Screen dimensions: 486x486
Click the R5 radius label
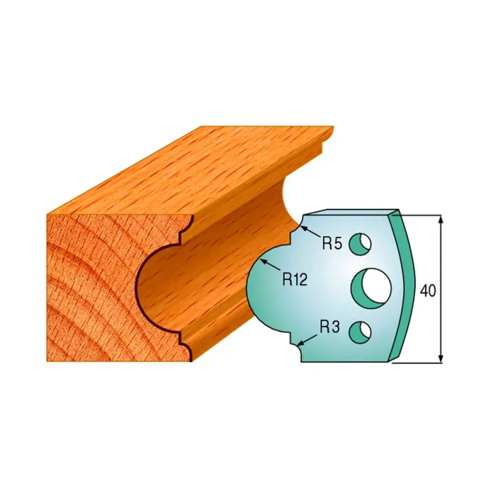coord(332,244)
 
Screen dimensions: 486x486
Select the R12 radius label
coord(295,279)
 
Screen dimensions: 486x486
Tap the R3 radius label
coord(329,327)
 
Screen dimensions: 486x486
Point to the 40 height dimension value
coord(428,291)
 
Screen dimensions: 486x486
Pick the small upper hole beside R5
coord(360,244)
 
